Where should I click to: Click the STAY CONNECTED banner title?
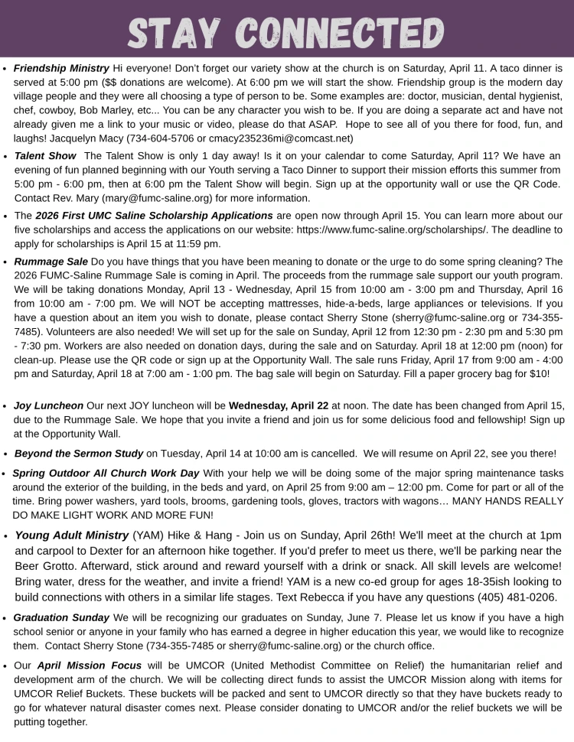tap(286, 31)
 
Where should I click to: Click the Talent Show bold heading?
tap(45, 155)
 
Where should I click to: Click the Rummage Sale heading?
tap(51, 261)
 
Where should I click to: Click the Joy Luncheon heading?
tap(49, 405)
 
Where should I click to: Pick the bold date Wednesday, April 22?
tap(279, 405)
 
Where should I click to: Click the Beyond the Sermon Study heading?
tap(79, 453)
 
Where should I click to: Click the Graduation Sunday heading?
tap(61, 617)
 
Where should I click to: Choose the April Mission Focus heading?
tap(89, 666)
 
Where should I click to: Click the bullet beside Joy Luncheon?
tap(6, 406)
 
